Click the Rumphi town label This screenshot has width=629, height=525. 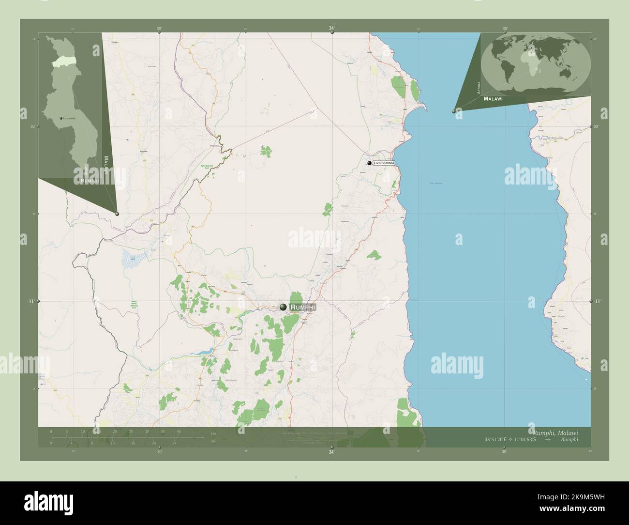click(303, 307)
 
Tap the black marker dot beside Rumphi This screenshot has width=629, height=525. click(283, 307)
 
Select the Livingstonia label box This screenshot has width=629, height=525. click(384, 163)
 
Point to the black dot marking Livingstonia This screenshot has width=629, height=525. click(369, 163)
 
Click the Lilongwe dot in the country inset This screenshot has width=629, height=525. click(61, 118)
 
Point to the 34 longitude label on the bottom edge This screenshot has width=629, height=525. click(331, 452)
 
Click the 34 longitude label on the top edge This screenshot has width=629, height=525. click(331, 29)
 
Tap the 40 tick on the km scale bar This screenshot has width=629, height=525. click(179, 431)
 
